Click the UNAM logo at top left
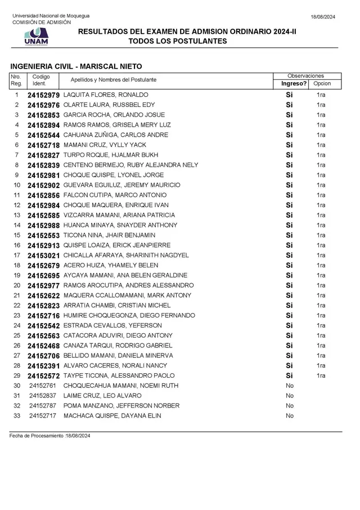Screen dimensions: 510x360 [x=37, y=37]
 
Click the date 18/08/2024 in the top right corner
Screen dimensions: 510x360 [x=323, y=17]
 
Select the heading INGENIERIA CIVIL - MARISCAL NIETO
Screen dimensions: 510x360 [x=76, y=66]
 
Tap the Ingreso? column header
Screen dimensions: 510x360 [x=294, y=83]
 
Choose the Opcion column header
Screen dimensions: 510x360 [x=322, y=83]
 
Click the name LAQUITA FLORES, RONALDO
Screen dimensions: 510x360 [x=106, y=95]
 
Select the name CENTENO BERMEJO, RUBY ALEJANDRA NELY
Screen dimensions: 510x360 [x=130, y=165]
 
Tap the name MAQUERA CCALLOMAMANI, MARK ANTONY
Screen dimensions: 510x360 [x=127, y=296]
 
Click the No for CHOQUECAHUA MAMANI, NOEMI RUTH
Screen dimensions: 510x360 [x=290, y=386]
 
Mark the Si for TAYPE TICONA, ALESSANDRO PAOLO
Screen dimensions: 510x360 [x=290, y=375]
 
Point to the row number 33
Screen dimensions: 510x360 [x=17, y=416]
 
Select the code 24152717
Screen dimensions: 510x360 [x=43, y=416]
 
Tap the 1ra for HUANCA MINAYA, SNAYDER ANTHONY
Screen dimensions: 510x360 [x=321, y=225]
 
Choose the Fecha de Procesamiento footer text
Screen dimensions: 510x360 [x=49, y=436]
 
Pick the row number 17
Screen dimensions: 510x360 [x=17, y=255]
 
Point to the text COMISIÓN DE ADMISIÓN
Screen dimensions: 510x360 [x=42, y=23]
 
